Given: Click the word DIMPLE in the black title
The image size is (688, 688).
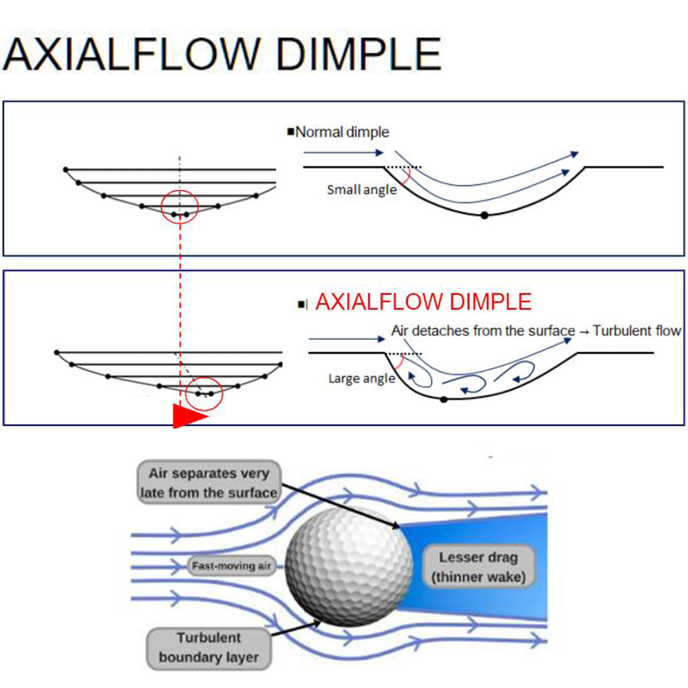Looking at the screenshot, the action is point(358,54).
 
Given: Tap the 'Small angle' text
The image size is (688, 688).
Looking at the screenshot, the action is point(362,190).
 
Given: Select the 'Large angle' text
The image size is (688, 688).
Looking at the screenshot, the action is point(362,378).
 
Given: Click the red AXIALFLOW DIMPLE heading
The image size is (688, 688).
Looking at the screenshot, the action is point(423,302).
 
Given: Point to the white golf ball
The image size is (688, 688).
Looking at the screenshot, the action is point(349,566).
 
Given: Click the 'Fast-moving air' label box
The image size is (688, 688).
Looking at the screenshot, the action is point(231,566).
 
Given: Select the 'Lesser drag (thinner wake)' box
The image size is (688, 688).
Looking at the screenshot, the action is point(478,566).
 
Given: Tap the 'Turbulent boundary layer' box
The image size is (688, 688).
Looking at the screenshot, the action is point(208,647).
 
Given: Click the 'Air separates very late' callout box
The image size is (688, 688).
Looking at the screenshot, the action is point(209,482).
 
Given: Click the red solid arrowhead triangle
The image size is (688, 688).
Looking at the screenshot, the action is point(188,416).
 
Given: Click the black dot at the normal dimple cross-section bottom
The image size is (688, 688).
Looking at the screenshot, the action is point(484,215).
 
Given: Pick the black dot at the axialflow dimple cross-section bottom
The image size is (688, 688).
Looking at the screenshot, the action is point(444,400).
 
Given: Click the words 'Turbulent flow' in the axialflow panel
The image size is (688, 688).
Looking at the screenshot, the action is point(636,330).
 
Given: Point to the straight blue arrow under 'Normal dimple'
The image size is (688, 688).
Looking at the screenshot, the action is point(343,153).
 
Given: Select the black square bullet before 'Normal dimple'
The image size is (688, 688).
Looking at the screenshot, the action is point(290,131).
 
